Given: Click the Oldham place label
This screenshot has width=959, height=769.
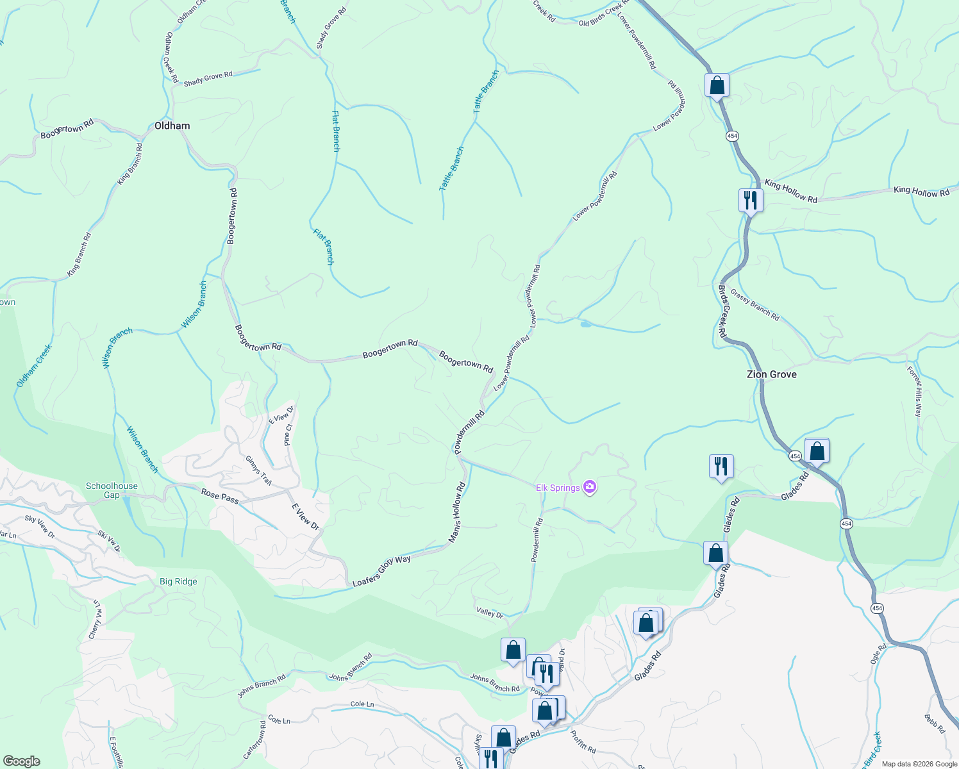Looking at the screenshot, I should point(172,126).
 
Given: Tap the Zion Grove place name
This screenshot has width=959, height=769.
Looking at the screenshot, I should point(771,374).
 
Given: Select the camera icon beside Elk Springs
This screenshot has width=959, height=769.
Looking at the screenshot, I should point(590,488).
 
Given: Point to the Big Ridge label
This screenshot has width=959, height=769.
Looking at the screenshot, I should point(178,582).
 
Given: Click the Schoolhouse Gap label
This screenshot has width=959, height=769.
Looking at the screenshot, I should point(112,490).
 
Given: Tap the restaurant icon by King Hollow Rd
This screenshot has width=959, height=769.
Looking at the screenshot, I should point(750,200).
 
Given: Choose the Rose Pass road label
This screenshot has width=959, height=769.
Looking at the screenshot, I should point(220,496).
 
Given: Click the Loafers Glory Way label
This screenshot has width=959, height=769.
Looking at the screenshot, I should point(382,571).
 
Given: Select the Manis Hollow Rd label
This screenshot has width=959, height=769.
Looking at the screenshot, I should point(456,513).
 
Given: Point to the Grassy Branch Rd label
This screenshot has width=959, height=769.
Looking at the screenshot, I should point(755,306).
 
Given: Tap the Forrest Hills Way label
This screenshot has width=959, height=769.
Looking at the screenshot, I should point(913,391).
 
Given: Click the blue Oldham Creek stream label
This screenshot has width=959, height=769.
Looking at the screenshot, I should point(34,366).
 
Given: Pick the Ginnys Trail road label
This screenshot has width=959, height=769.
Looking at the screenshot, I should point(258,470).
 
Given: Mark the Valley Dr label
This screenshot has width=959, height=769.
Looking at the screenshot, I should point(490,613).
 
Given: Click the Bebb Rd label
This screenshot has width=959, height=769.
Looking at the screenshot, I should point(935,724).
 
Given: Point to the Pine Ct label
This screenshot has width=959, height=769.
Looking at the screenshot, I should point(288,434).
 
